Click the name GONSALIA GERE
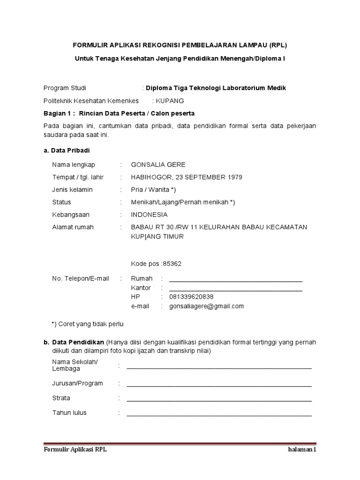tap(158, 165)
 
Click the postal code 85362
tap(172, 263)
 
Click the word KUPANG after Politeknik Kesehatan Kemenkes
tap(170, 101)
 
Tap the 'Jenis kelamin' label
tap(72, 190)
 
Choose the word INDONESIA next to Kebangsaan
tap(149, 215)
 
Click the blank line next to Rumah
tap(235, 279)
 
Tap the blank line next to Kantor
tap(235, 289)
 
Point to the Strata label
tap(61, 398)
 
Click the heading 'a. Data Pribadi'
tap(64, 150)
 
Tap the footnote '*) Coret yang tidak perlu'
tap(87, 324)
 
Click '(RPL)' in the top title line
tap(278, 45)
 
